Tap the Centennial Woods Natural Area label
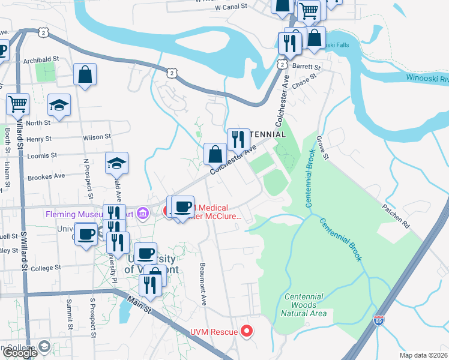305,305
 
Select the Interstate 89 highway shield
379,320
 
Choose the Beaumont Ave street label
203,284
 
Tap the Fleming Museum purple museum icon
143,213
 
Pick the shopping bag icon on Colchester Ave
215,154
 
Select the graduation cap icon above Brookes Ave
116,162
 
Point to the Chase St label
304,81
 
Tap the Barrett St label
308,65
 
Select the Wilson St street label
97,137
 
